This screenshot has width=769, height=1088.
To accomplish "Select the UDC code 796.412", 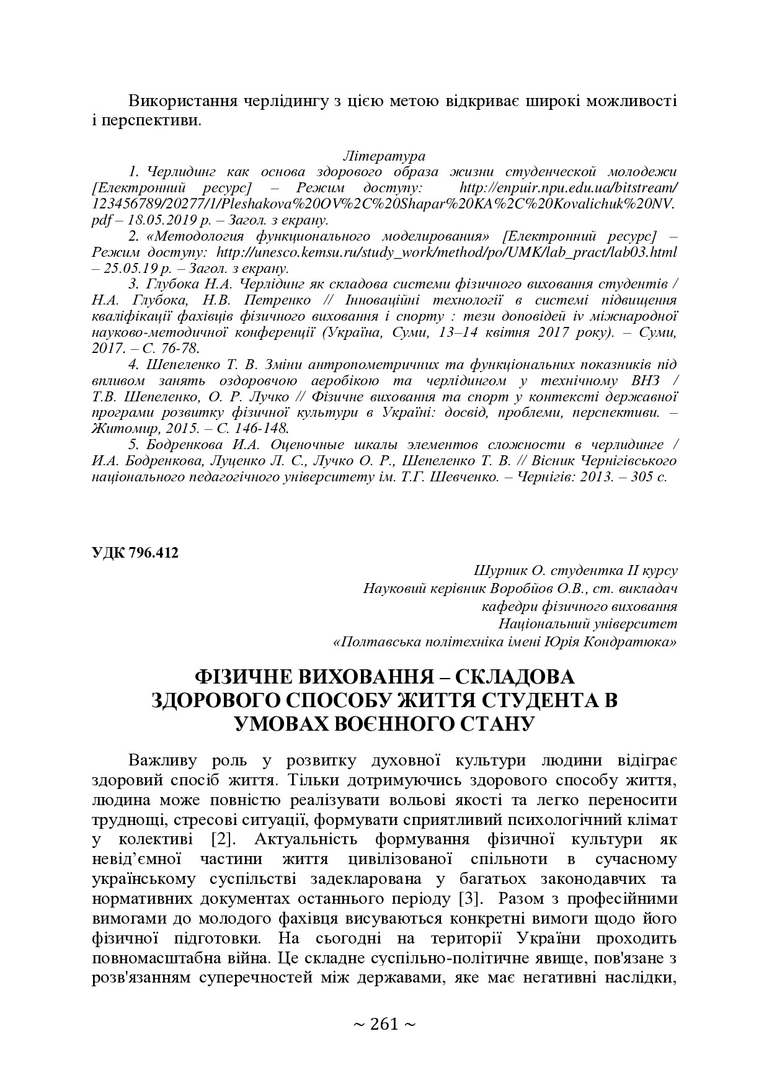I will (x=154, y=553).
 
